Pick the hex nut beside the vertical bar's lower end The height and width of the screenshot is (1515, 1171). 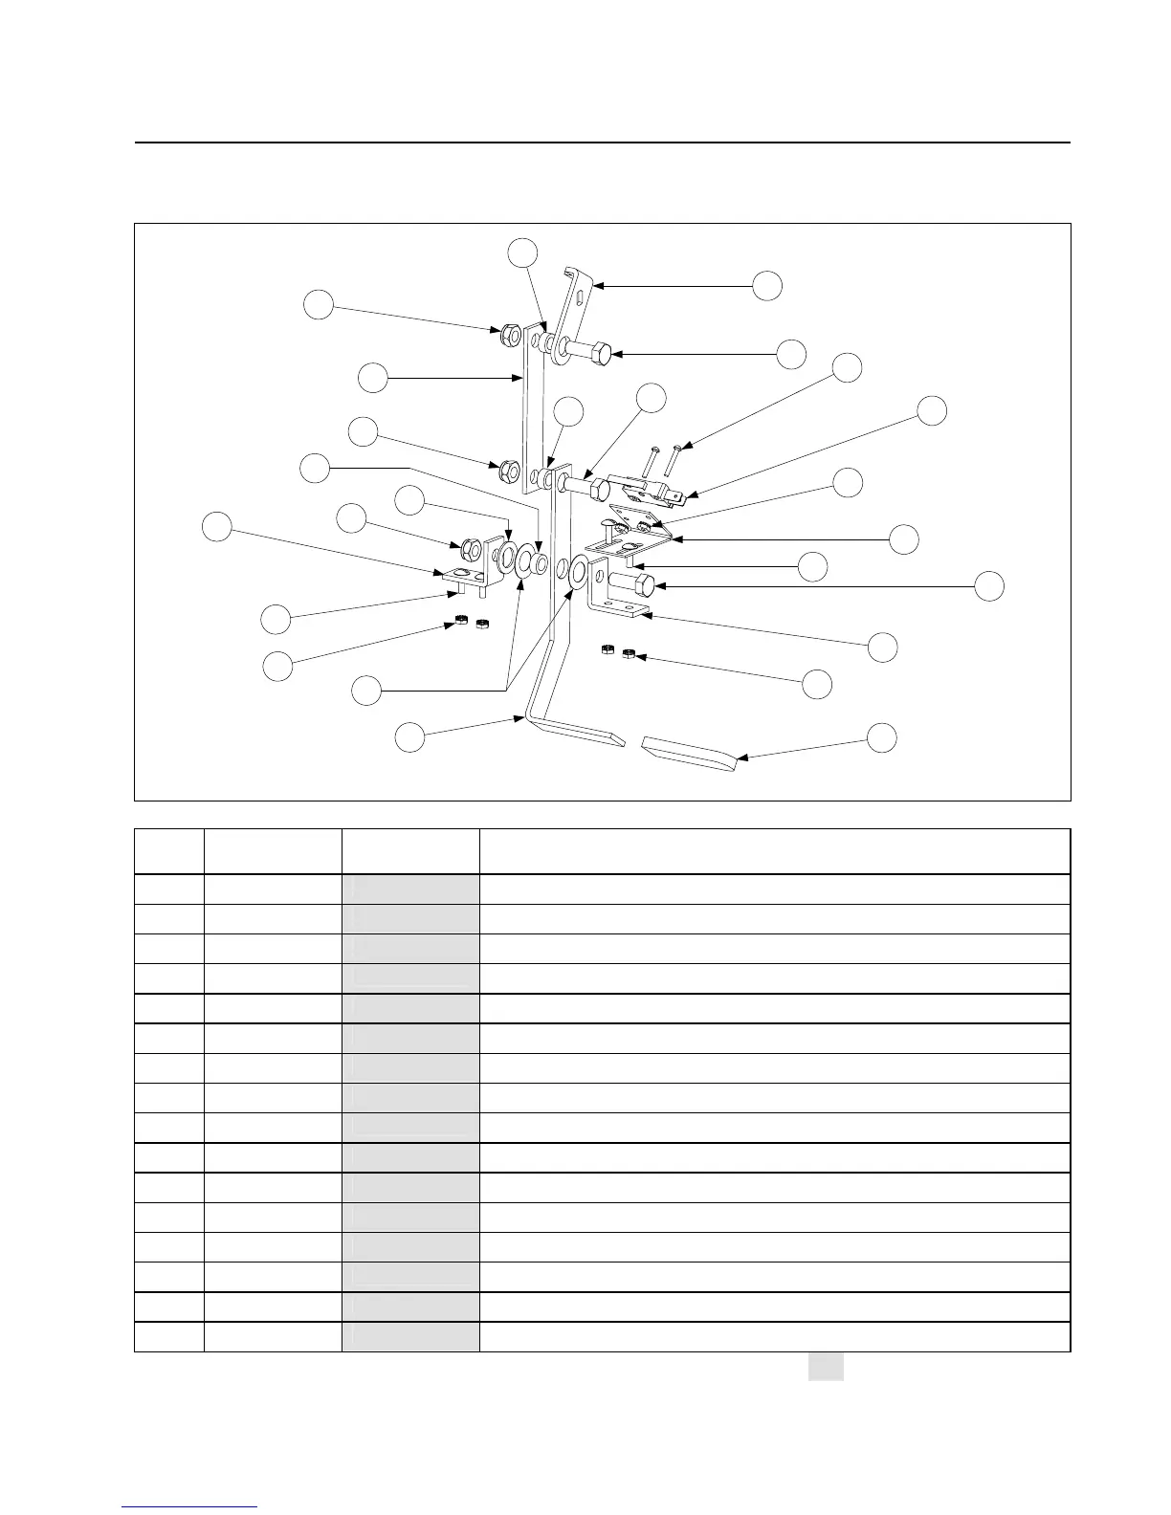pos(510,471)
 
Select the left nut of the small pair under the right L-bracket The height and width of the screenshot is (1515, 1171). pos(607,650)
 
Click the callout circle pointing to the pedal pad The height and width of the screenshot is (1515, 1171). pos(882,737)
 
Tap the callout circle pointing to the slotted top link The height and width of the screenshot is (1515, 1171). pos(767,285)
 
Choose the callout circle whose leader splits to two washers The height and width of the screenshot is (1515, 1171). pos(366,691)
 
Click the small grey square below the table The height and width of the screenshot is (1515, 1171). pos(826,1367)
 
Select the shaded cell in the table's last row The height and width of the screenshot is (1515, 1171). pos(410,1336)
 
